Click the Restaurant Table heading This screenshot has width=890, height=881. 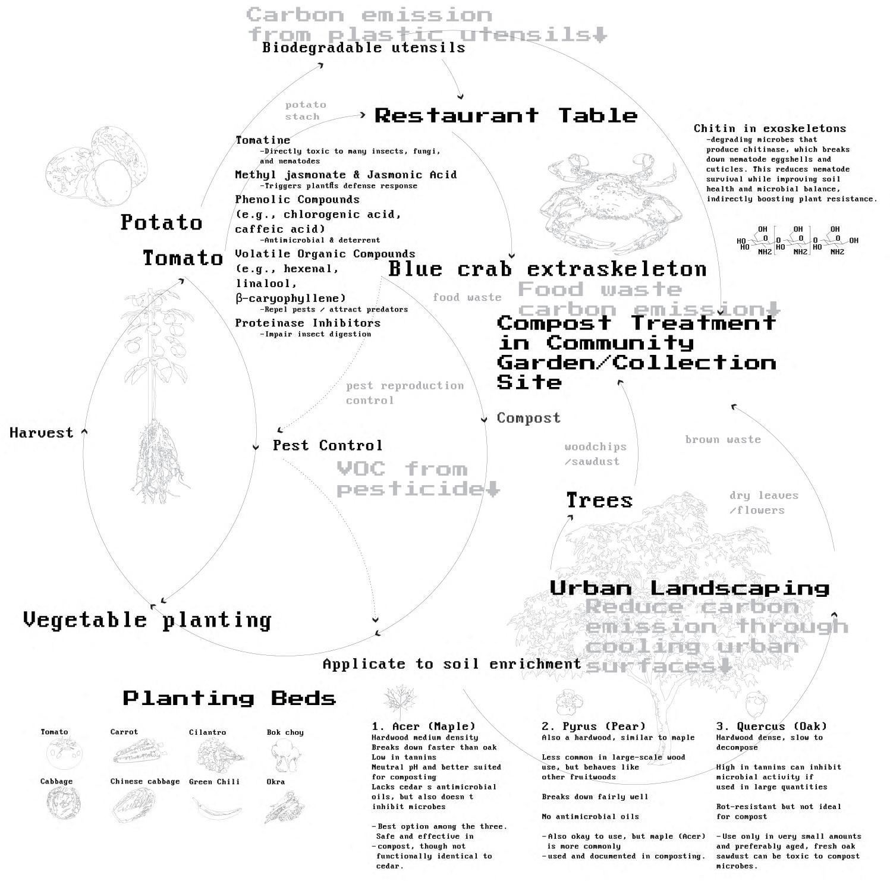pyautogui.click(x=505, y=115)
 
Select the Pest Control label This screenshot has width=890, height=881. pyautogui.click(x=327, y=445)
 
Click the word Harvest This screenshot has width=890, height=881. pyautogui.click(x=42, y=433)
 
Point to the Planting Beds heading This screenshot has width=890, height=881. pyautogui.click(x=229, y=698)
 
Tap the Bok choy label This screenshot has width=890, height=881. pyautogui.click(x=285, y=732)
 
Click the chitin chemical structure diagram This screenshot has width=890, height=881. pyautogui.click(x=797, y=241)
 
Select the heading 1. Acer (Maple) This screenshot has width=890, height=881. pyautogui.click(x=423, y=726)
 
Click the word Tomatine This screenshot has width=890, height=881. pyautogui.click(x=263, y=140)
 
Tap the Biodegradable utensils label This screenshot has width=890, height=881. pyautogui.click(x=363, y=48)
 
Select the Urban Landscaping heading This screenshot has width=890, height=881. pyautogui.click(x=689, y=588)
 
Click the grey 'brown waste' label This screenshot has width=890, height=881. pyautogui.click(x=722, y=439)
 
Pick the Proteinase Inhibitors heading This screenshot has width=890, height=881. pyautogui.click(x=307, y=323)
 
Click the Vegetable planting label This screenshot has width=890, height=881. pyautogui.click(x=147, y=620)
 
